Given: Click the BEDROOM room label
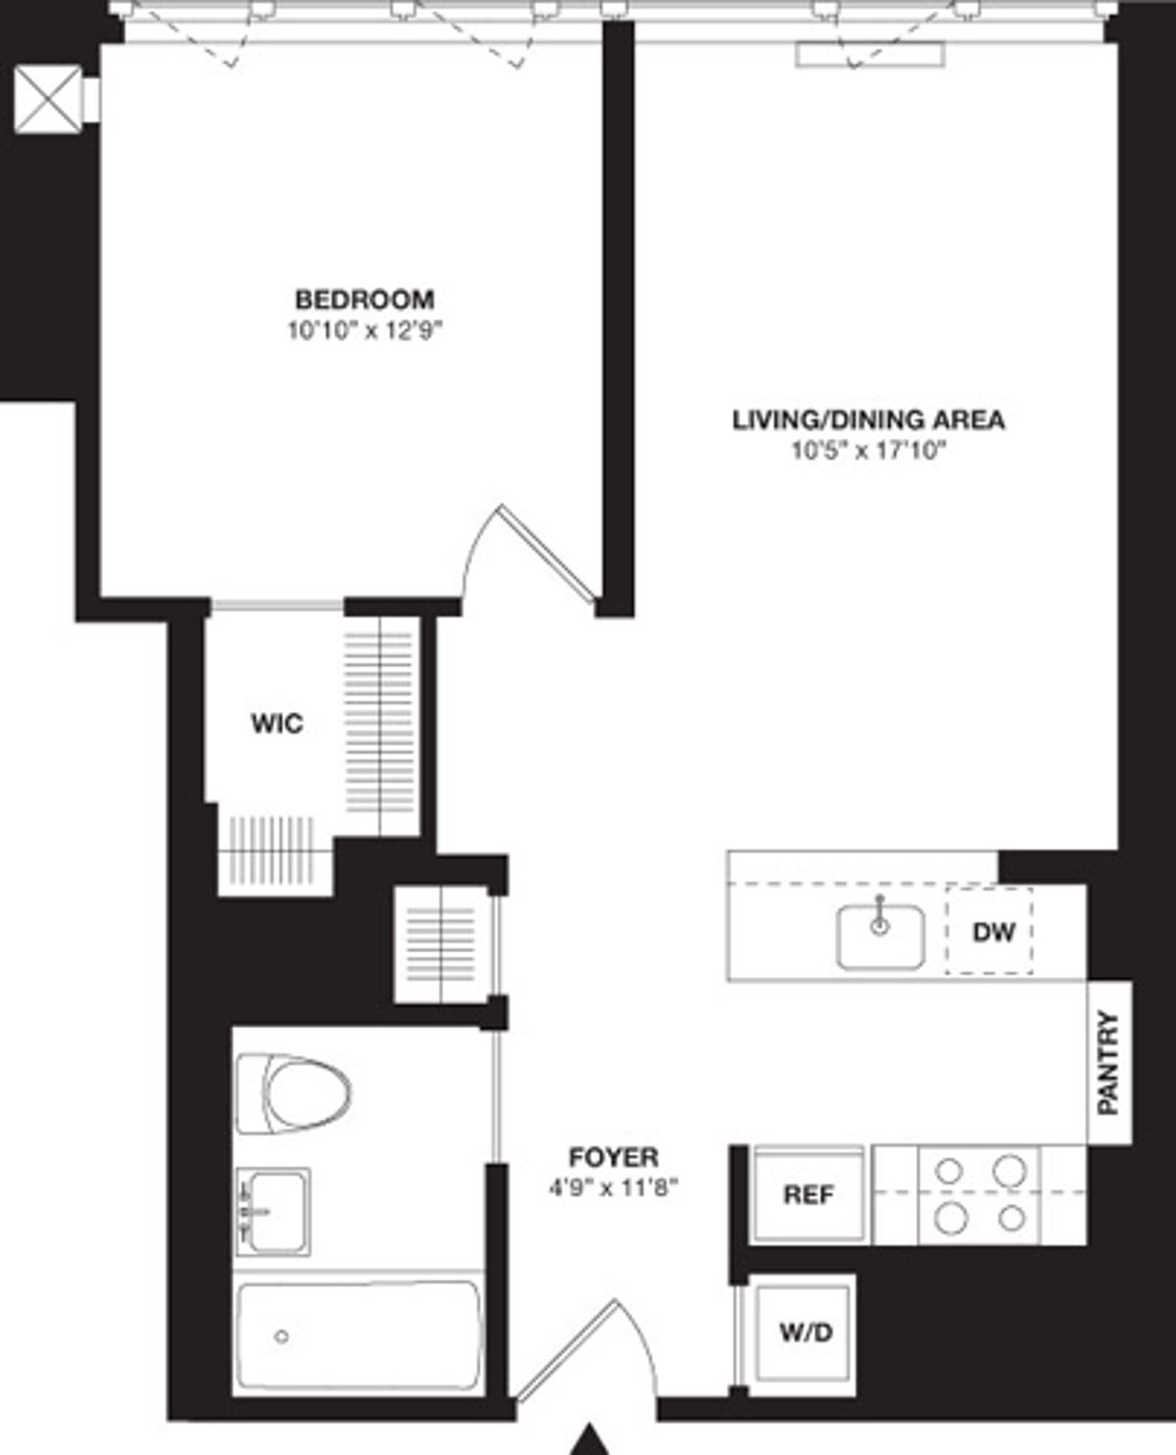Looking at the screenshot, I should coord(365,299).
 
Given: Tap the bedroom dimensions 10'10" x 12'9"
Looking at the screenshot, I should coord(365,330).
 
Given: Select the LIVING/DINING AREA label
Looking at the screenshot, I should coord(868,420).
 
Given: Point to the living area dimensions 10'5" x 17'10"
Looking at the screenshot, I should coord(868,452).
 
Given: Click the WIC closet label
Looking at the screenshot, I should coord(277,724).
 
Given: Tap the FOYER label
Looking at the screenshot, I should coord(613,1157).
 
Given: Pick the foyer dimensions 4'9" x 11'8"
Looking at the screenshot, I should coord(613,1188).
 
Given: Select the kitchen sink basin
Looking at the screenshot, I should coord(880,937).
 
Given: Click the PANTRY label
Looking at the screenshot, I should coord(1108,1062).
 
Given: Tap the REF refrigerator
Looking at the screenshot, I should coord(808,1194).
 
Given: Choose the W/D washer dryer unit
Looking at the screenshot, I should coord(806,1333).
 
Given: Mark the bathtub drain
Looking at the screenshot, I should coord(282,1335).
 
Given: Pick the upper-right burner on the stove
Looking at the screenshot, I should coord(1009,1170).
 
